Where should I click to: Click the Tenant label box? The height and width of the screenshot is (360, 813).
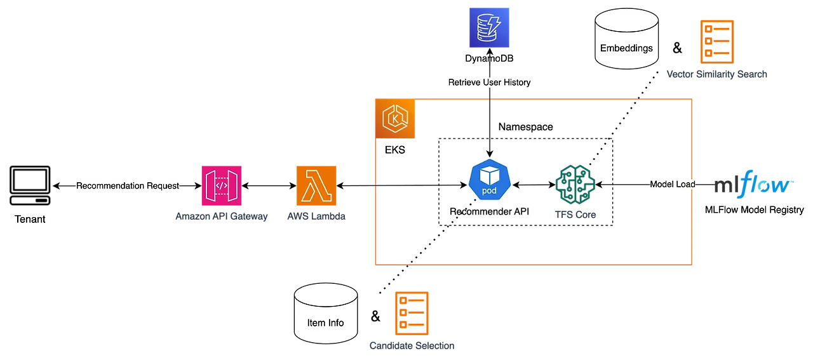point(30,219)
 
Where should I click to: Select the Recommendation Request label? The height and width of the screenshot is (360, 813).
point(127,186)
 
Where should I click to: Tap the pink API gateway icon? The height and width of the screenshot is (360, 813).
point(220,185)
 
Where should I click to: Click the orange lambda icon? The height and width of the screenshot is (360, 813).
point(317,185)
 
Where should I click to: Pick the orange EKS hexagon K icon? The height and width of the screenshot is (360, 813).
point(395,118)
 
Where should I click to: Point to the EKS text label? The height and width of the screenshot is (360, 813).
point(395,152)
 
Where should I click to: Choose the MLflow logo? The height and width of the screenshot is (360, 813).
point(753,185)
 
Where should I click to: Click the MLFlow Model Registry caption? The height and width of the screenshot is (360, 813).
point(753,210)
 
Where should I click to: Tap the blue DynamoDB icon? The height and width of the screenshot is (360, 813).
point(489,27)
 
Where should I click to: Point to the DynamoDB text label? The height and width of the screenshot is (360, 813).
point(489,60)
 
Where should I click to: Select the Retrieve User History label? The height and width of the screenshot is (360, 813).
point(488,83)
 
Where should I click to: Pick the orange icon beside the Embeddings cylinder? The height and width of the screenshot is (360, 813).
point(717,41)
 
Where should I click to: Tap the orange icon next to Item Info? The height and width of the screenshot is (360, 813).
point(411,314)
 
